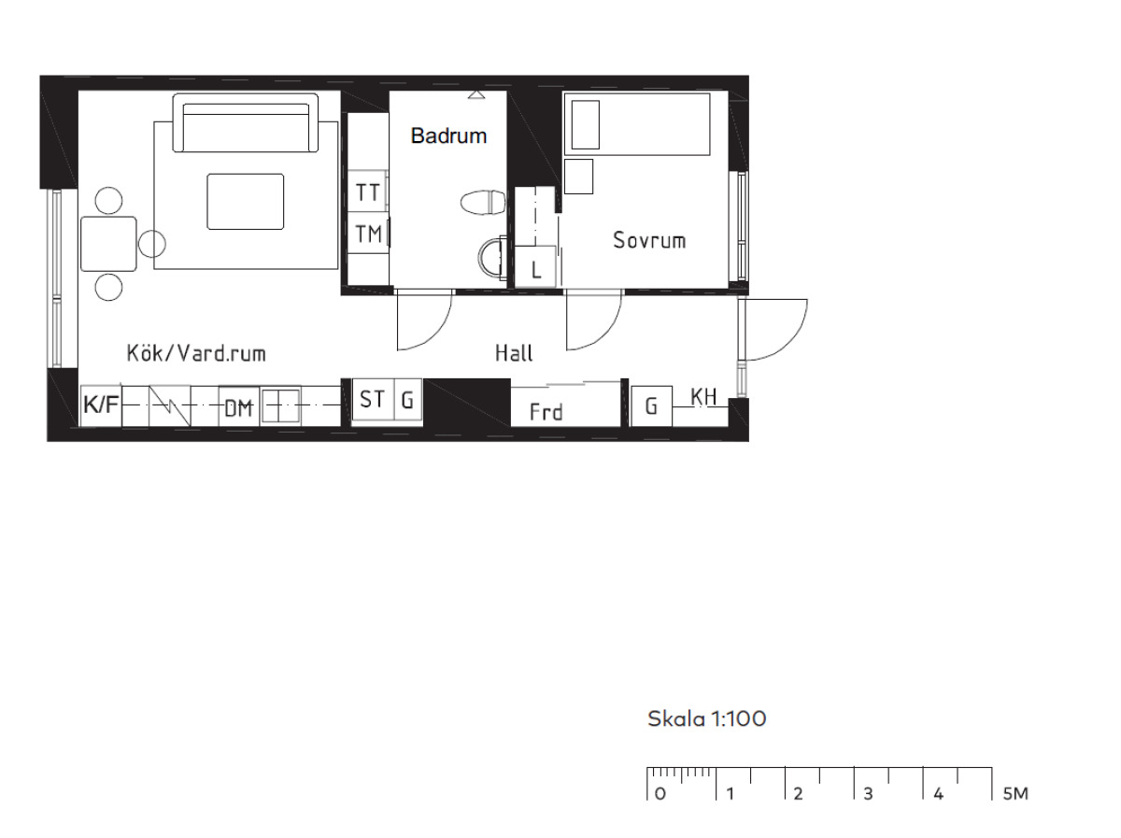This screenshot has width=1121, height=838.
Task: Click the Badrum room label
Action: [x=448, y=135]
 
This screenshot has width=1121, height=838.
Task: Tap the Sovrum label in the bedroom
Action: [x=649, y=240]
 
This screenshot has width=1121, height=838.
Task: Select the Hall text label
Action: [x=514, y=353]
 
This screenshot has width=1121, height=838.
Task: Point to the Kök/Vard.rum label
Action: [x=196, y=353]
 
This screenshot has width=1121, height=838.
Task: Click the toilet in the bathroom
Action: [x=483, y=202]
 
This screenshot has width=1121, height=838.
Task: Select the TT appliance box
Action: [x=367, y=192]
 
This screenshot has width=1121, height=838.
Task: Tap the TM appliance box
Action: [x=368, y=234]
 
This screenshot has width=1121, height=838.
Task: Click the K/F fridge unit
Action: [x=101, y=405]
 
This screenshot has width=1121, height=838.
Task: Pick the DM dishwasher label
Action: [x=238, y=408]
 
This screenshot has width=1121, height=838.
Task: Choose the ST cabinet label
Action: [x=372, y=399]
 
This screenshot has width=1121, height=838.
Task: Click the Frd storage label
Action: [x=546, y=412]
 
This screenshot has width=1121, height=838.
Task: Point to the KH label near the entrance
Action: [x=703, y=397]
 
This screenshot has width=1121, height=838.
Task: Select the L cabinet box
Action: [x=535, y=266]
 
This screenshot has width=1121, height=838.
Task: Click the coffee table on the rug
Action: [x=245, y=202]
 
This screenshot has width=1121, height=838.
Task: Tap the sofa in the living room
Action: [x=245, y=122]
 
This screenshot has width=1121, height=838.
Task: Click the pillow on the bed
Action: [x=586, y=124]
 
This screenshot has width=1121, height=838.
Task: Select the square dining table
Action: [x=108, y=244]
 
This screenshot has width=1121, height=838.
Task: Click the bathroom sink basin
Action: [x=491, y=259]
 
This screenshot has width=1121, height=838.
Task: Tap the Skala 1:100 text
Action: [x=707, y=719]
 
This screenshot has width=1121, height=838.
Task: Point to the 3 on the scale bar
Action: [x=868, y=794]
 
